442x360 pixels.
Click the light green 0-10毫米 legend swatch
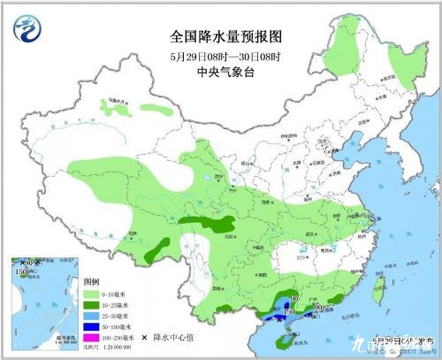pos(95,291)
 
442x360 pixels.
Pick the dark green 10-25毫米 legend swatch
pos(95,303)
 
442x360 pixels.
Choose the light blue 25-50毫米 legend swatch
pos(95,314)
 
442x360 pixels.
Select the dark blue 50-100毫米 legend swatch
pos(95,326)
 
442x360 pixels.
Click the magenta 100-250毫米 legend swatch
pos(95,337)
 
